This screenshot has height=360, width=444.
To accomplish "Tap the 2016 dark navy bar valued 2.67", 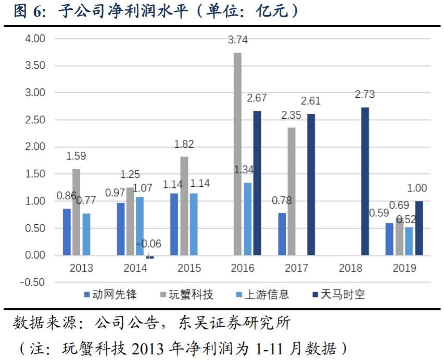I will pyautogui.click(x=257, y=183).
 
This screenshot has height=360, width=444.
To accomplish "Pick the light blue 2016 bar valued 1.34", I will pyautogui.click(x=247, y=218).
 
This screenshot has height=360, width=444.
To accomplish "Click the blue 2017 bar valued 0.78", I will pyautogui.click(x=282, y=234).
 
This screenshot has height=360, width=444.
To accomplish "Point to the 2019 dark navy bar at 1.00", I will pyautogui.click(x=418, y=228).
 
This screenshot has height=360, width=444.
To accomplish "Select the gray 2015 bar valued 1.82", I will pyautogui.click(x=184, y=205).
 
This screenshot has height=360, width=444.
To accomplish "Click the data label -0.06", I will pyautogui.click(x=149, y=243).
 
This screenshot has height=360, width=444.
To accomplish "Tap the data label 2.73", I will pyautogui.click(x=365, y=95).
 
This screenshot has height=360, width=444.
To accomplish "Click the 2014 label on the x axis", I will pyautogui.click(x=135, y=268).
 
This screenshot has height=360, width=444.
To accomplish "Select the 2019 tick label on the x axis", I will pyautogui.click(x=404, y=268).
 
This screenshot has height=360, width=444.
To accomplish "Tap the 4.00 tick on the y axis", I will pyautogui.click(x=35, y=38).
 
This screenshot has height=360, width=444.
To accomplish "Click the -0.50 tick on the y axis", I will pyautogui.click(x=33, y=282).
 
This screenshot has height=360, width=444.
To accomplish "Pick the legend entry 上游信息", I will pyautogui.click(x=266, y=294).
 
